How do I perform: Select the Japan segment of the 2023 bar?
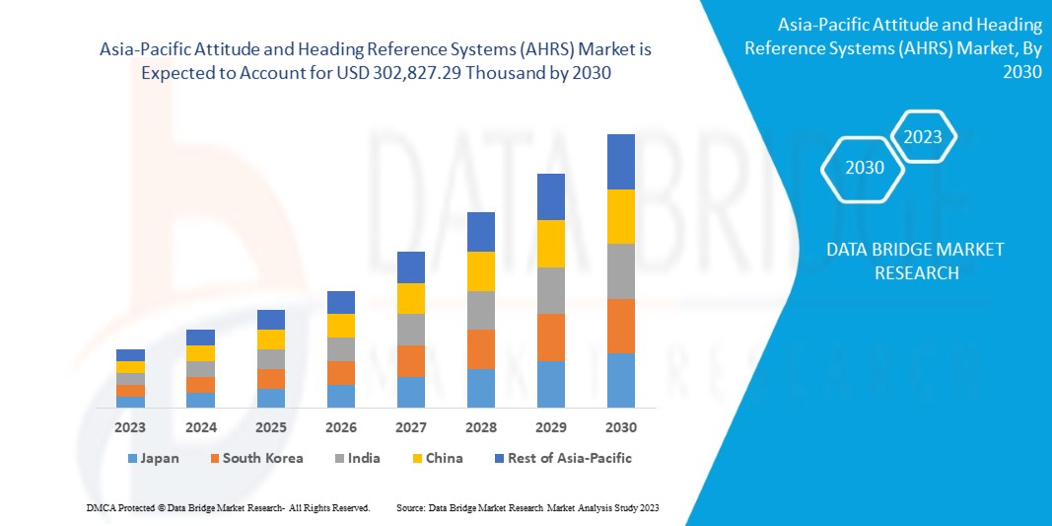[130, 402]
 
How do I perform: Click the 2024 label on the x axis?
[200, 427]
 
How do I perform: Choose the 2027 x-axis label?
[410, 427]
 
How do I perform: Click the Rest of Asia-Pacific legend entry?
[563, 458]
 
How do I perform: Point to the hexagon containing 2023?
[923, 137]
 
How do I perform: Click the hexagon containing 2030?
[865, 168]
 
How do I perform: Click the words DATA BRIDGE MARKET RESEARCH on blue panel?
[915, 261]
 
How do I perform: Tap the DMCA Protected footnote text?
[228, 507]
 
